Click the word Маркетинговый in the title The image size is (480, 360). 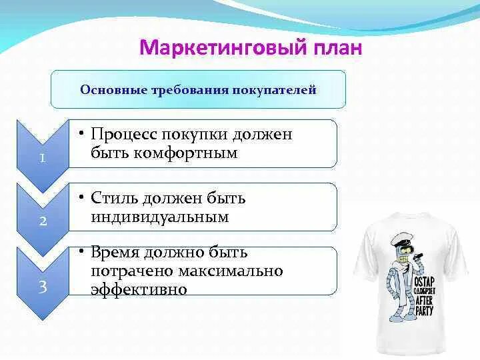[223, 48]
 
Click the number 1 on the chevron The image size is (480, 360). [43, 158]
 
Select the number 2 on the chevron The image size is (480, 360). [43, 221]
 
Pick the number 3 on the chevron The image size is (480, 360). [43, 287]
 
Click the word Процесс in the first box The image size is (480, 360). [124, 135]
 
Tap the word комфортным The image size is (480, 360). [185, 153]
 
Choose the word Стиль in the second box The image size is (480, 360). [115, 198]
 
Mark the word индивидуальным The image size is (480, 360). [160, 217]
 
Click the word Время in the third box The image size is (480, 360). [115, 253]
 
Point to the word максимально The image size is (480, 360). [230, 271]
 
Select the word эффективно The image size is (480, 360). [139, 289]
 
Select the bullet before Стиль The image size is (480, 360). [81, 197]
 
